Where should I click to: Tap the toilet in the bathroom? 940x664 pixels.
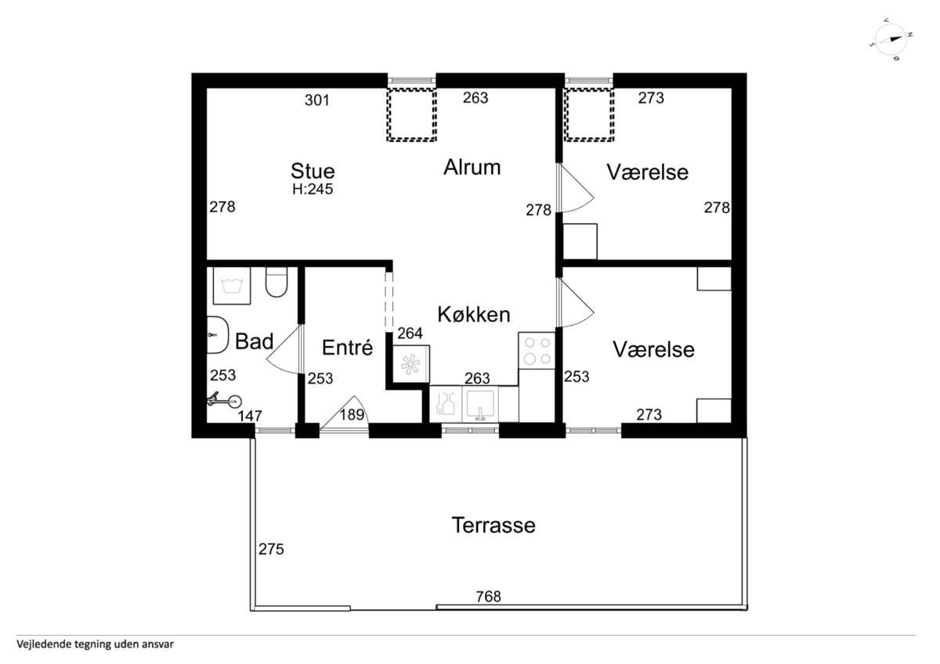point(276,282)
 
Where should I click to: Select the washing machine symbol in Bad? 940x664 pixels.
point(232,285)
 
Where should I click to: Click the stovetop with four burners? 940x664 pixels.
point(537,351)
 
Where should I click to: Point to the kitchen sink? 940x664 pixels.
point(480,403)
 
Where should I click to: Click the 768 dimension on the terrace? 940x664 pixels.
point(489,596)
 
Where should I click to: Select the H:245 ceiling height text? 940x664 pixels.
point(313,189)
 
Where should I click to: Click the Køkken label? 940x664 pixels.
point(474,314)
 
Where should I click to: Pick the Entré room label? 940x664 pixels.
point(348,348)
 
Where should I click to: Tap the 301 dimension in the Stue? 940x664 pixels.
point(317,100)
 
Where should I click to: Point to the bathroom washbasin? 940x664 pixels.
point(218,334)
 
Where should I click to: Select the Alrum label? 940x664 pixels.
point(472,167)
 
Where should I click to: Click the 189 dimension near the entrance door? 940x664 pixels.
point(352,414)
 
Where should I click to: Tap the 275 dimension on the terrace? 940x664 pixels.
point(271,549)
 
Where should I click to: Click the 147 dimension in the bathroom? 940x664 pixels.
point(250,416)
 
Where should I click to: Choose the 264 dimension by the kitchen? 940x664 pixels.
point(410,333)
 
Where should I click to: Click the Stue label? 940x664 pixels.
point(313,171)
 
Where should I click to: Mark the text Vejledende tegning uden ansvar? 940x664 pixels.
point(96,644)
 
